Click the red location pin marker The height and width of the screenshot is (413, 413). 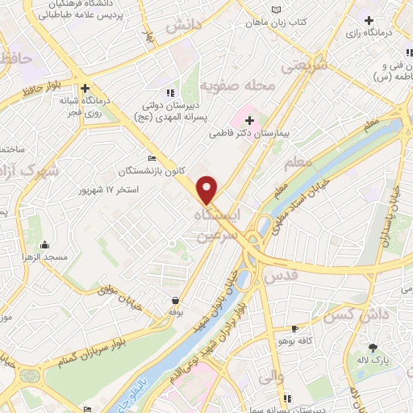pyautogui.click(x=207, y=190)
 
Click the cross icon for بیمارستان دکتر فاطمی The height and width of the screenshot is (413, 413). pyautogui.click(x=250, y=120)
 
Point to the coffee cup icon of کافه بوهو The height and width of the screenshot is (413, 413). pyautogui.click(x=295, y=328)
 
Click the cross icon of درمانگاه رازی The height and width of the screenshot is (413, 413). pyautogui.click(x=369, y=20)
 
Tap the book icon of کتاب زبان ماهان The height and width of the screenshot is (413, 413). pyautogui.click(x=278, y=9)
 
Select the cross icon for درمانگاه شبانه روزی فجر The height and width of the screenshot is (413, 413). pyautogui.click(x=85, y=89)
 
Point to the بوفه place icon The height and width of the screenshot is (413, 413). pyautogui.click(x=174, y=299)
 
